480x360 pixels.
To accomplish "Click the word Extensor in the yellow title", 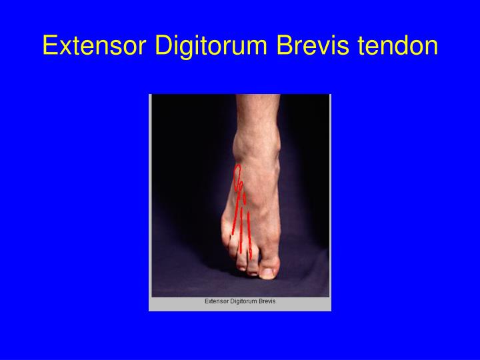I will pyautogui.click(x=95, y=46).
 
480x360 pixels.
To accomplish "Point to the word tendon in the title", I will pyautogui.click(x=399, y=46).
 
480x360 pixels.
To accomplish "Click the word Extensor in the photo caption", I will pyautogui.click(x=216, y=301).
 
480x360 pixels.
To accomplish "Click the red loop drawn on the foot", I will pyautogui.click(x=238, y=175).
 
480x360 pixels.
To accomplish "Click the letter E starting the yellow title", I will pyautogui.click(x=49, y=46).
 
